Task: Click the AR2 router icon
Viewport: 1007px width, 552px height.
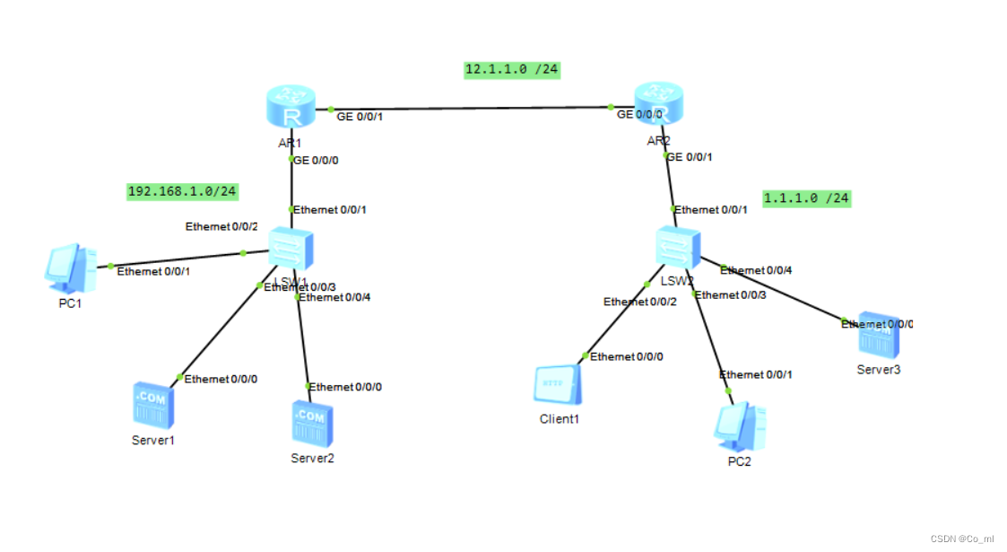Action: pos(659,105)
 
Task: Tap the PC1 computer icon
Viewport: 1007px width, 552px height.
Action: pos(70,267)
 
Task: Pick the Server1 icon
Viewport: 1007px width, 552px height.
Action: pos(153,406)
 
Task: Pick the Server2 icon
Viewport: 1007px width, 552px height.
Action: pos(312,423)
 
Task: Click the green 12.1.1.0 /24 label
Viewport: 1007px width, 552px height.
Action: pos(512,70)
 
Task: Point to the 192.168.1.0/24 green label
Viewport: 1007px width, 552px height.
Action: pos(183,191)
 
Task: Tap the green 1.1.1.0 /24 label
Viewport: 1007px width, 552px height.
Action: pos(806,198)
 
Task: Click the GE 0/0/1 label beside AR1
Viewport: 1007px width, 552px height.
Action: pos(360,117)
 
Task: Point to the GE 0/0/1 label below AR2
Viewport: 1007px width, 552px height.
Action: pos(691,157)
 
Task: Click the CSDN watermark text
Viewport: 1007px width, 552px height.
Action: pos(961,539)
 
